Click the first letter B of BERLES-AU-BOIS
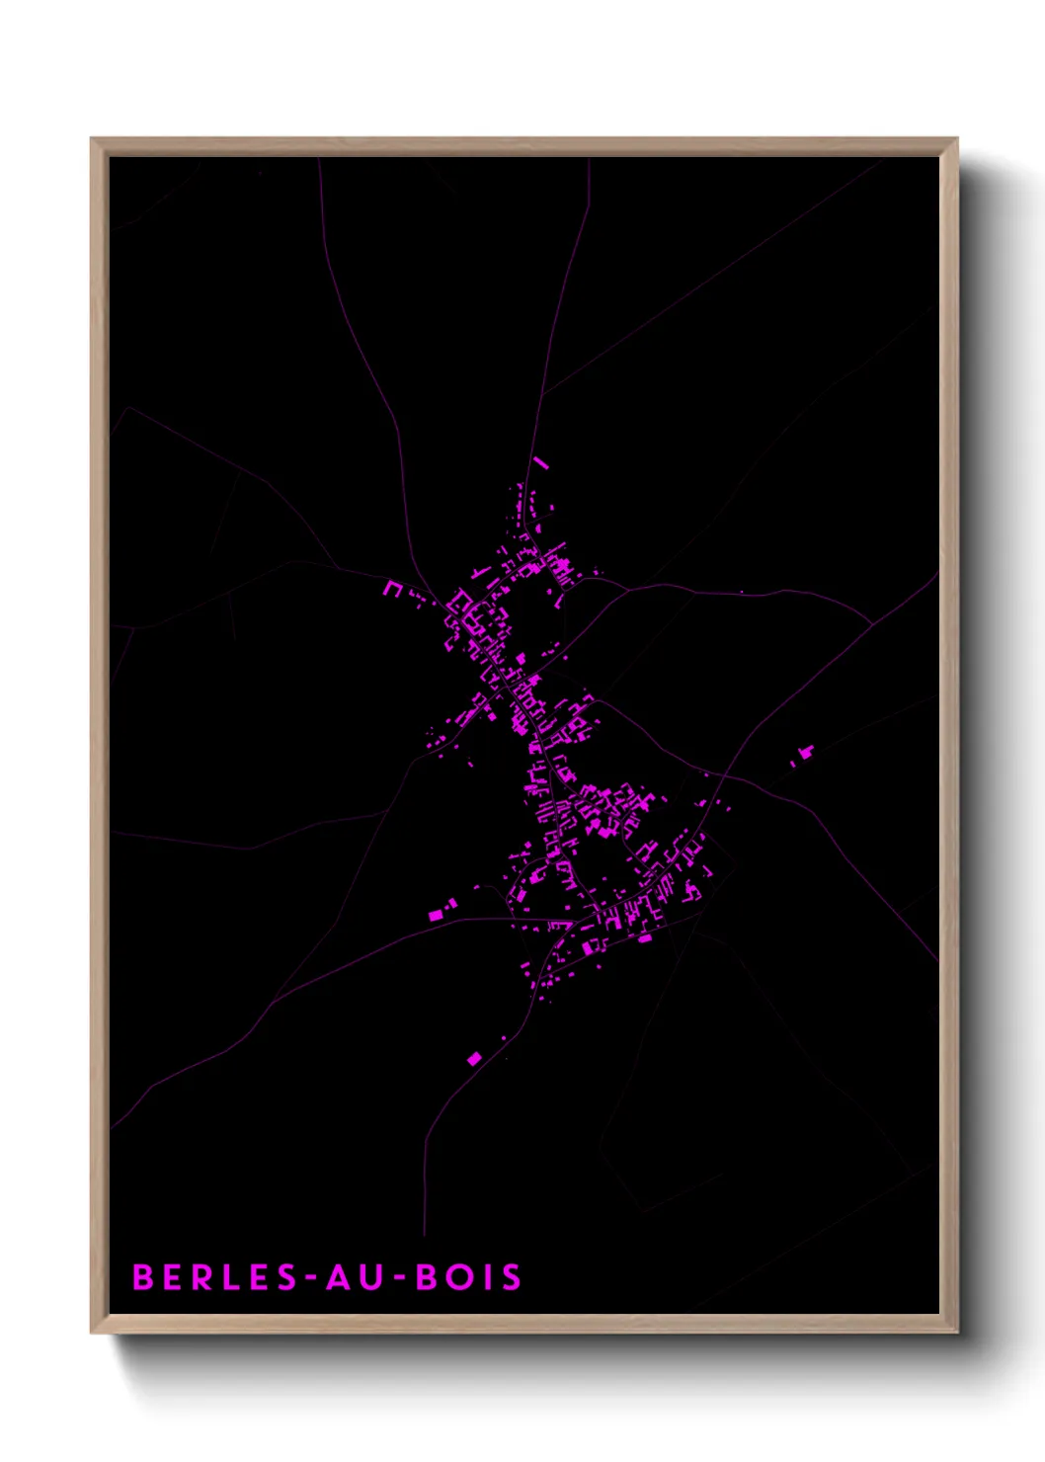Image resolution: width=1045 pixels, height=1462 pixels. coord(142,1277)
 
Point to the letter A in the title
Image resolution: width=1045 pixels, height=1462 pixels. coord(338,1277)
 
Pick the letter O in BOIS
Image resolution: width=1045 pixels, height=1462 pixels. coord(457,1277)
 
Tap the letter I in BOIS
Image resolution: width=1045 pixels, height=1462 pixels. coord(485,1277)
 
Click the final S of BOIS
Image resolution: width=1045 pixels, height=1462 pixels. coord(511,1277)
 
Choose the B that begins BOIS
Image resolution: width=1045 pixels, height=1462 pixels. coord(426,1277)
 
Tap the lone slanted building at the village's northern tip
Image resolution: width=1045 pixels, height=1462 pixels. coord(539,461)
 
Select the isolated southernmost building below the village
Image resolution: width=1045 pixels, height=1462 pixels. coord(474,1059)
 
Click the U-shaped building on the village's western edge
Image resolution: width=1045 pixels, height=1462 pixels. coord(393,589)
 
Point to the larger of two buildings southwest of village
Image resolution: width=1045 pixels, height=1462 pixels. coord(436,916)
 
